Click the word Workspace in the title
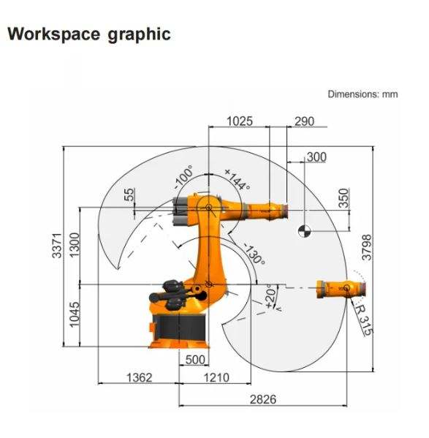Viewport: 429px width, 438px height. click(53, 34)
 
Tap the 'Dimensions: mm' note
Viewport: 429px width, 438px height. click(362, 94)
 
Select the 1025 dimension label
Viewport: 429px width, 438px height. click(240, 121)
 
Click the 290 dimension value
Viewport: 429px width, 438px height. click(304, 121)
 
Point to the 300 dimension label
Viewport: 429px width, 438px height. click(316, 157)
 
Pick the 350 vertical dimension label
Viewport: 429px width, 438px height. click(344, 198)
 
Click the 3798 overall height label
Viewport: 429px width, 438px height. click(367, 247)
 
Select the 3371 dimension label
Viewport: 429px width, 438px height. click(57, 246)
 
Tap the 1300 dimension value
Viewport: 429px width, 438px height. click(75, 245)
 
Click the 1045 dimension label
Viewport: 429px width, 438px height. click(75, 314)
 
